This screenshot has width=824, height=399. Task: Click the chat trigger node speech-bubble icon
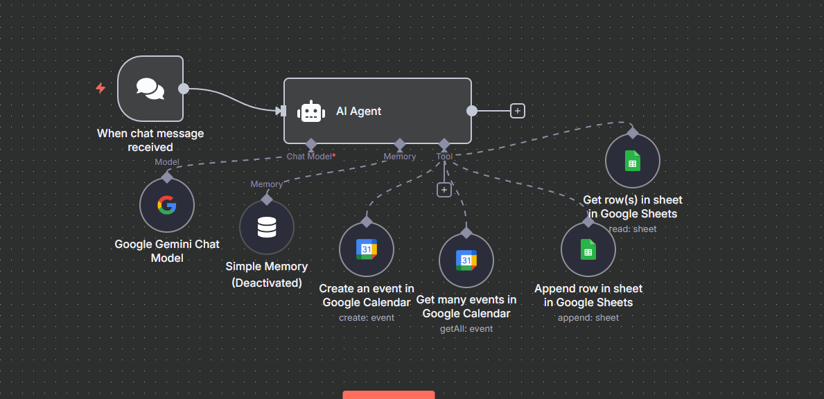click(150, 89)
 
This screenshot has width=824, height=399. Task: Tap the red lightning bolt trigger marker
click(100, 88)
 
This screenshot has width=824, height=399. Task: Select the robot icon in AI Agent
click(311, 112)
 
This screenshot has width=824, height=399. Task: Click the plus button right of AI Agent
click(517, 111)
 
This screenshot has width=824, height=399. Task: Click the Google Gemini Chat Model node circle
click(167, 205)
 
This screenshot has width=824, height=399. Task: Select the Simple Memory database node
click(267, 228)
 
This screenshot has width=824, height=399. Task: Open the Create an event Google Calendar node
click(367, 249)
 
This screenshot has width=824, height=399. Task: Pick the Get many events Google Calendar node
click(466, 260)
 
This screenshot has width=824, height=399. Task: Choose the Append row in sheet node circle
click(588, 249)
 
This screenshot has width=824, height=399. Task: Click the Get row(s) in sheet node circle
click(633, 161)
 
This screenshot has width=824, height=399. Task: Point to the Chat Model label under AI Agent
click(310, 157)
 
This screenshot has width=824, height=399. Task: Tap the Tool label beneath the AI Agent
click(444, 157)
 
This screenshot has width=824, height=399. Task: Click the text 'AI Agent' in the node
click(359, 111)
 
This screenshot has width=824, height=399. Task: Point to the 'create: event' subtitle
click(367, 317)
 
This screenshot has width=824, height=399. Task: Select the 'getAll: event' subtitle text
click(466, 328)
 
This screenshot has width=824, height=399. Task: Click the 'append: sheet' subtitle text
click(588, 317)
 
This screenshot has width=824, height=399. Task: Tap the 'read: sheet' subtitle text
click(633, 229)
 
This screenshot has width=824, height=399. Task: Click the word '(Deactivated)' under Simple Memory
click(267, 283)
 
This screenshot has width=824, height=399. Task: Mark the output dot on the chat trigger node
click(184, 89)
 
